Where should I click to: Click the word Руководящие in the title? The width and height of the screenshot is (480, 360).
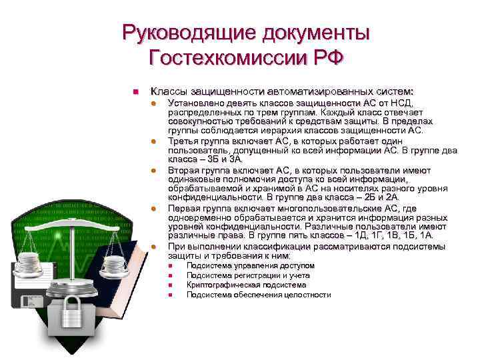pos(178,31)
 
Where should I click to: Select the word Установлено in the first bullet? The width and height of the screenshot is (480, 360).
pos(197,103)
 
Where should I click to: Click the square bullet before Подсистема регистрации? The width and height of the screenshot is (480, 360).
pos(171,276)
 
